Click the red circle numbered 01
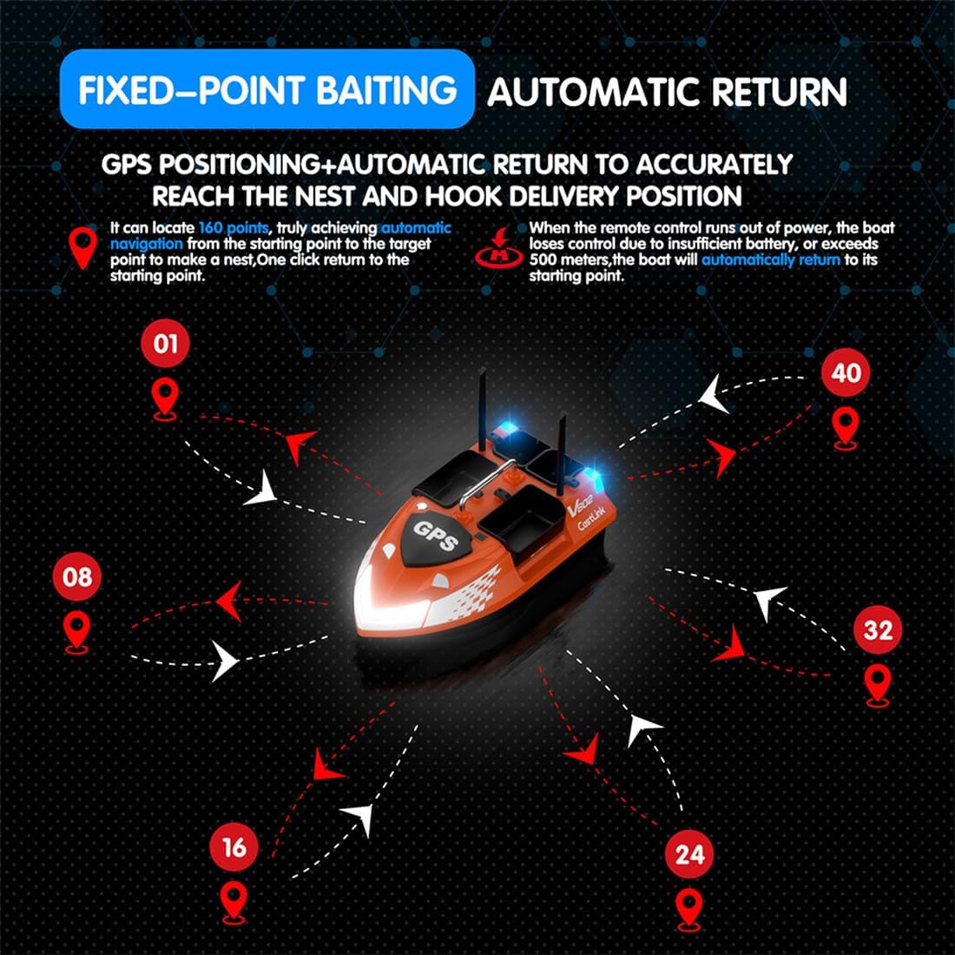coord(165,344)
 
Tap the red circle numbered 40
coord(846,372)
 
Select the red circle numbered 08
coord(77,576)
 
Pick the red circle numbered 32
coord(878,629)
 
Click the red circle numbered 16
coord(234,847)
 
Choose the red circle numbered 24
coord(689,853)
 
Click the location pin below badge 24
coord(689,908)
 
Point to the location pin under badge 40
coord(846,427)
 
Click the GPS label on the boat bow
coord(435,536)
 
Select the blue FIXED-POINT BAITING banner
coord(267,89)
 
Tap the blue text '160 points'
coord(234,227)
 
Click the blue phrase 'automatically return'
coord(770,260)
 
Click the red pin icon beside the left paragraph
coord(83,248)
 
